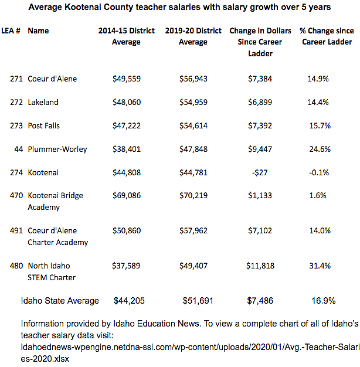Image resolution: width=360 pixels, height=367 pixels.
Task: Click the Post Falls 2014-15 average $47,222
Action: coord(127,125)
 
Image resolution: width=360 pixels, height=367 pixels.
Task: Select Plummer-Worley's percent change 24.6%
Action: coord(320,149)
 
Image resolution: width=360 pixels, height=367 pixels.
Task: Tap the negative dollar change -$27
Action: coord(260,172)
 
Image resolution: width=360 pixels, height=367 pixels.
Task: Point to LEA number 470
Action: coord(16,195)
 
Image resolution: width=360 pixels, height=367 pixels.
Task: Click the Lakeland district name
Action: coord(43,102)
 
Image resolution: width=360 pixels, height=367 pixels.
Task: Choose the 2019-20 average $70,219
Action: coord(193,195)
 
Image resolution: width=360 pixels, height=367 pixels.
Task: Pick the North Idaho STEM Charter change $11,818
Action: coord(260,266)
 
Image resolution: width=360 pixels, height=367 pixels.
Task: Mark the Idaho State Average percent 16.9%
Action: coord(324,301)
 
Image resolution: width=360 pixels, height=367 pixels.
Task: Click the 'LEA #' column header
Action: coord(11,30)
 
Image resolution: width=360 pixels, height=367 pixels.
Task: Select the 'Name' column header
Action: coord(38,30)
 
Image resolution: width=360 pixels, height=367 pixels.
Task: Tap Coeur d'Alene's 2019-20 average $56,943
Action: coord(193,79)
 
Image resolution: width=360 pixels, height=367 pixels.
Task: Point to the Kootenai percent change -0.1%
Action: coord(319,172)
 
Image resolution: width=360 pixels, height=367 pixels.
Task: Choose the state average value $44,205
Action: coord(129,301)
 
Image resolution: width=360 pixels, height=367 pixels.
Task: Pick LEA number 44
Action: coord(19,149)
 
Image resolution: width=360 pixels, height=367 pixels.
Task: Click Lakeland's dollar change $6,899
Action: coord(260,102)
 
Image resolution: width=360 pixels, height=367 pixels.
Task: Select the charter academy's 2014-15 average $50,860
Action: coord(127,230)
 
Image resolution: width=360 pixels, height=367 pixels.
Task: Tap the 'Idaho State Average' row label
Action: coord(60,301)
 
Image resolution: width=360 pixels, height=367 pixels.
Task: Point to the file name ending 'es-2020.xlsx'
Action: coord(45,359)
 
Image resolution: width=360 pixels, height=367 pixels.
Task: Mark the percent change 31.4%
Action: coord(320,266)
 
